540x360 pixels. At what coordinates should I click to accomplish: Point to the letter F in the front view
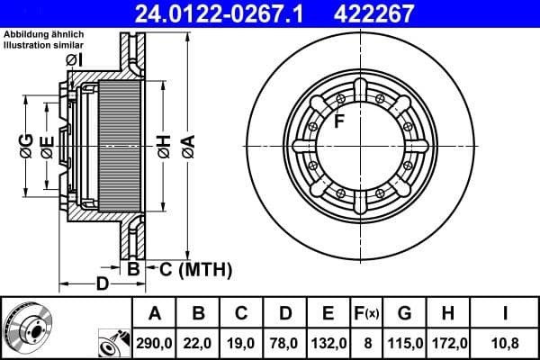tap(339, 122)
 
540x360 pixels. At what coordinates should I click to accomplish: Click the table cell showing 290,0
tap(155, 343)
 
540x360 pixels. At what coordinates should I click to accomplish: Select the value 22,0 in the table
tap(200, 343)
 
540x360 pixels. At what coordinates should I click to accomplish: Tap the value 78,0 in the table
tap(285, 343)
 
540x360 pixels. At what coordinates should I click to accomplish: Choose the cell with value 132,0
tap(329, 343)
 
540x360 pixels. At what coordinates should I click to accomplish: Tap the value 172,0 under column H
tap(448, 343)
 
